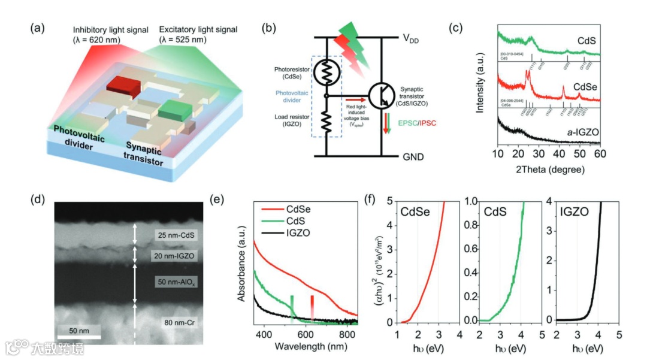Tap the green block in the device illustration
(175, 110)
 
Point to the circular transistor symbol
(383, 96)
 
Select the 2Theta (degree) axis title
(549, 170)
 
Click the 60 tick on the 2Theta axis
(600, 155)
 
